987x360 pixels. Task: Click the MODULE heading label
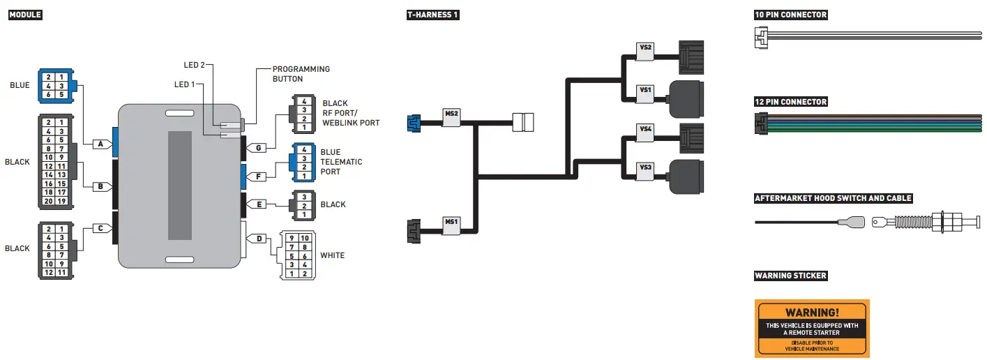pyautogui.click(x=25, y=15)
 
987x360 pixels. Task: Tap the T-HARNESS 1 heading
pyautogui.click(x=432, y=15)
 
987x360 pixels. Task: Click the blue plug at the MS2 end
pyautogui.click(x=414, y=123)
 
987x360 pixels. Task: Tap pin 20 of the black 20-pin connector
pyautogui.click(x=48, y=202)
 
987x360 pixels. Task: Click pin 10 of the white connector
pyautogui.click(x=305, y=239)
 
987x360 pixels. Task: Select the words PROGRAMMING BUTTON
pyautogui.click(x=301, y=74)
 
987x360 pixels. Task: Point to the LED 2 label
pyautogui.click(x=194, y=65)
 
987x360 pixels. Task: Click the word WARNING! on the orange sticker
pyautogui.click(x=812, y=313)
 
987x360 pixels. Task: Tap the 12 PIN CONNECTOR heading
pyautogui.click(x=791, y=102)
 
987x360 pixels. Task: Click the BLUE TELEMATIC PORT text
pyautogui.click(x=342, y=162)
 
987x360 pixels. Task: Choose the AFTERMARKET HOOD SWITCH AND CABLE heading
pyautogui.click(x=833, y=198)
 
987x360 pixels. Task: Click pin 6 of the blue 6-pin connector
pyautogui.click(x=48, y=94)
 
